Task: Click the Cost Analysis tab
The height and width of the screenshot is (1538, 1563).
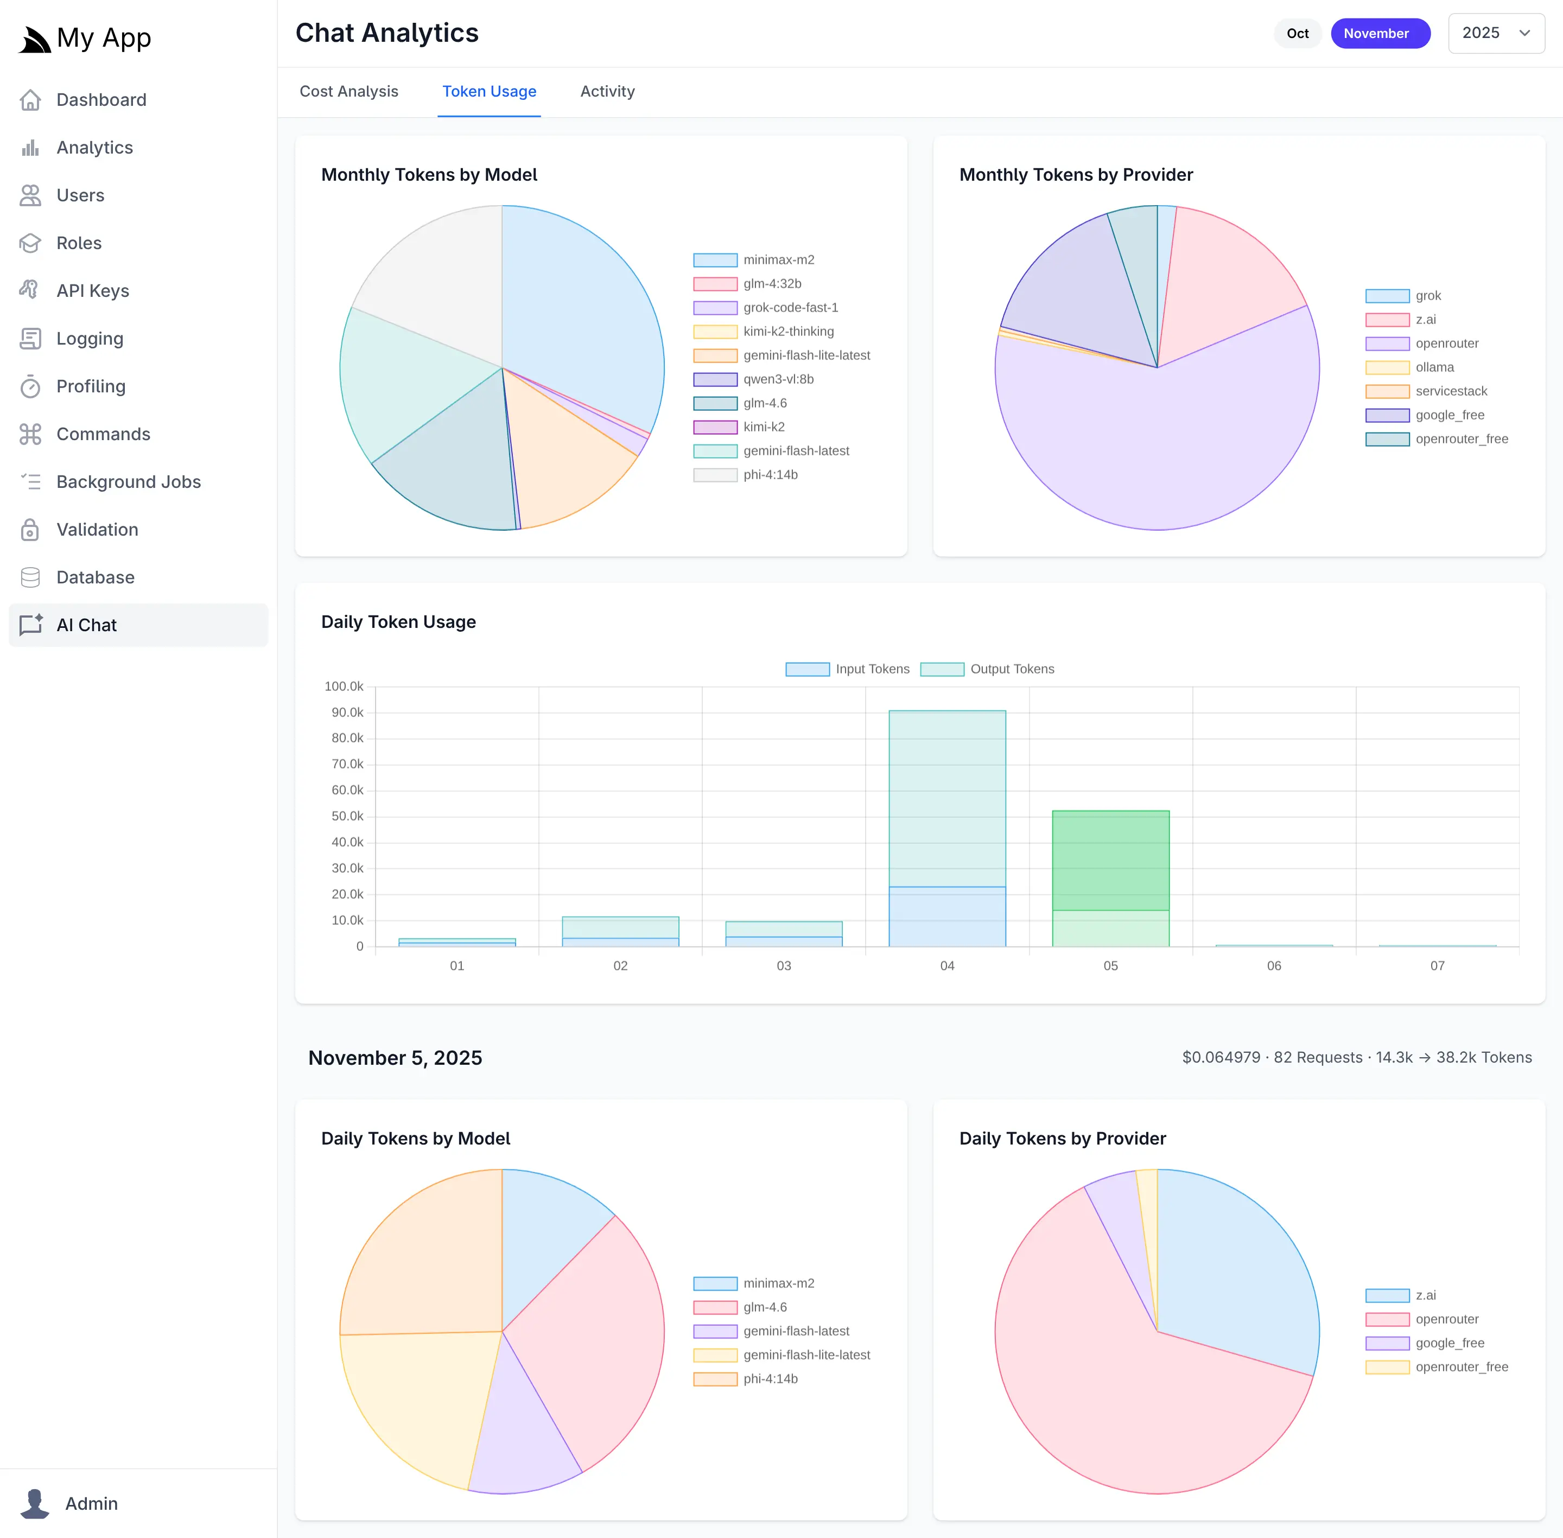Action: (x=349, y=91)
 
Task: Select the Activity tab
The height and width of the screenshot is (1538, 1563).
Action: (x=607, y=91)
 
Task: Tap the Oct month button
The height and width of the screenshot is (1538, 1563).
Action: (x=1297, y=33)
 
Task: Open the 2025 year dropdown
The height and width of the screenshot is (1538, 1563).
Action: (x=1496, y=33)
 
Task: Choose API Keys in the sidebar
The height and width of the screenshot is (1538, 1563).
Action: (x=93, y=291)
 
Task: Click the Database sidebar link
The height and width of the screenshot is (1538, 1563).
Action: (x=96, y=577)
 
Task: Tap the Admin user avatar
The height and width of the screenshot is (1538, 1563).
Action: (x=35, y=1503)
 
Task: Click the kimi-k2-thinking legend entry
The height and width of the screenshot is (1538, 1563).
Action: (x=787, y=331)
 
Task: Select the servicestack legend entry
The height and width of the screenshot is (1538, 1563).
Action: (x=1451, y=391)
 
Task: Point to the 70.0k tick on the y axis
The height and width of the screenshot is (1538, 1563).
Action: (x=347, y=764)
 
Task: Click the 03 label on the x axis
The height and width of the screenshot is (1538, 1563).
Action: (x=784, y=966)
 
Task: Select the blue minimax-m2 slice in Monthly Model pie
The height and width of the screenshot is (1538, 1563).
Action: (x=582, y=307)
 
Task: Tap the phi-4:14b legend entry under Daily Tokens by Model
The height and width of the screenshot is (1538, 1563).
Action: (x=770, y=1379)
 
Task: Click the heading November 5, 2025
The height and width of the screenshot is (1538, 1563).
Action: (x=395, y=1058)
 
